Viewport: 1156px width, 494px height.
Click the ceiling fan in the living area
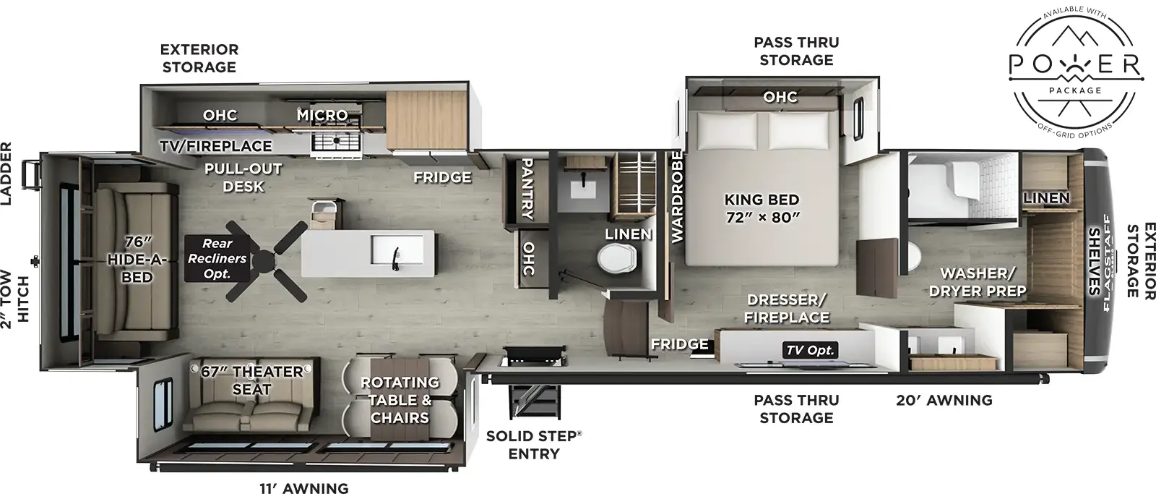tap(267, 260)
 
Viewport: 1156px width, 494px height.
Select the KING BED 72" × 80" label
tap(762, 208)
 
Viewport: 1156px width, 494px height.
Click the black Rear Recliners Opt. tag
tap(217, 258)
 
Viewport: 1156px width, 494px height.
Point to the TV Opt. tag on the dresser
tap(810, 350)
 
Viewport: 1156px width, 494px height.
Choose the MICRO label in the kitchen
tap(322, 115)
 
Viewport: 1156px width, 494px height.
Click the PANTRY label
tap(527, 189)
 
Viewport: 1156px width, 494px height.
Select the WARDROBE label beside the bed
tap(677, 196)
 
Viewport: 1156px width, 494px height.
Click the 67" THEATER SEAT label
tap(251, 380)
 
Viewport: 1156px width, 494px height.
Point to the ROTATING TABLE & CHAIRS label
tap(400, 400)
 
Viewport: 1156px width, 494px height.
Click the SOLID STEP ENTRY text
tap(533, 445)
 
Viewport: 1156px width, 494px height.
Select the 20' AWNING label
tap(944, 400)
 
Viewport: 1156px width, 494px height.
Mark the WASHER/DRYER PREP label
tap(978, 282)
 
